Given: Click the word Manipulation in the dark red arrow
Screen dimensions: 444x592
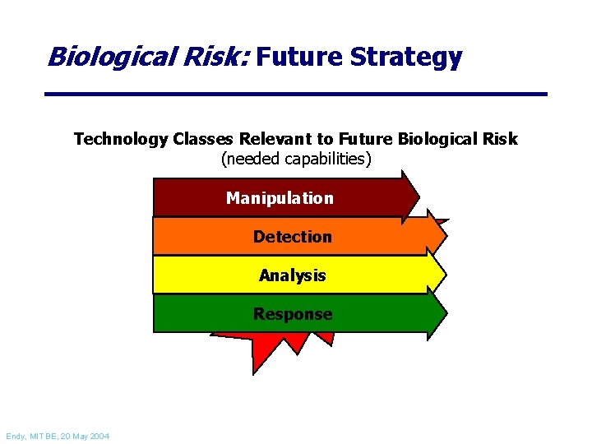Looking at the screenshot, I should point(280,198).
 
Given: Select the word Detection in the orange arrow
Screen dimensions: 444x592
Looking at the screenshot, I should point(292,237).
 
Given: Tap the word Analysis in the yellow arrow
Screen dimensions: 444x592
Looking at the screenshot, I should point(292,275).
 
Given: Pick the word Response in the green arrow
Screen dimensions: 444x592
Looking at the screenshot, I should point(292,314).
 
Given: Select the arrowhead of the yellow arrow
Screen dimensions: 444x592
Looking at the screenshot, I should point(435,273).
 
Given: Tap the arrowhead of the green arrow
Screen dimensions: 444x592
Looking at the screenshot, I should point(435,312).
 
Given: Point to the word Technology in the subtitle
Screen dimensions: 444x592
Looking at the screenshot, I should point(120,139).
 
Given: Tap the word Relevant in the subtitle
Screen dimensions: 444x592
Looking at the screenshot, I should point(275,139).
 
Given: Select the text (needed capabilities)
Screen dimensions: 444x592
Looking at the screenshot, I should point(296,159).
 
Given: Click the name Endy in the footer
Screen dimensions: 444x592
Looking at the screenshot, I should point(16,435).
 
